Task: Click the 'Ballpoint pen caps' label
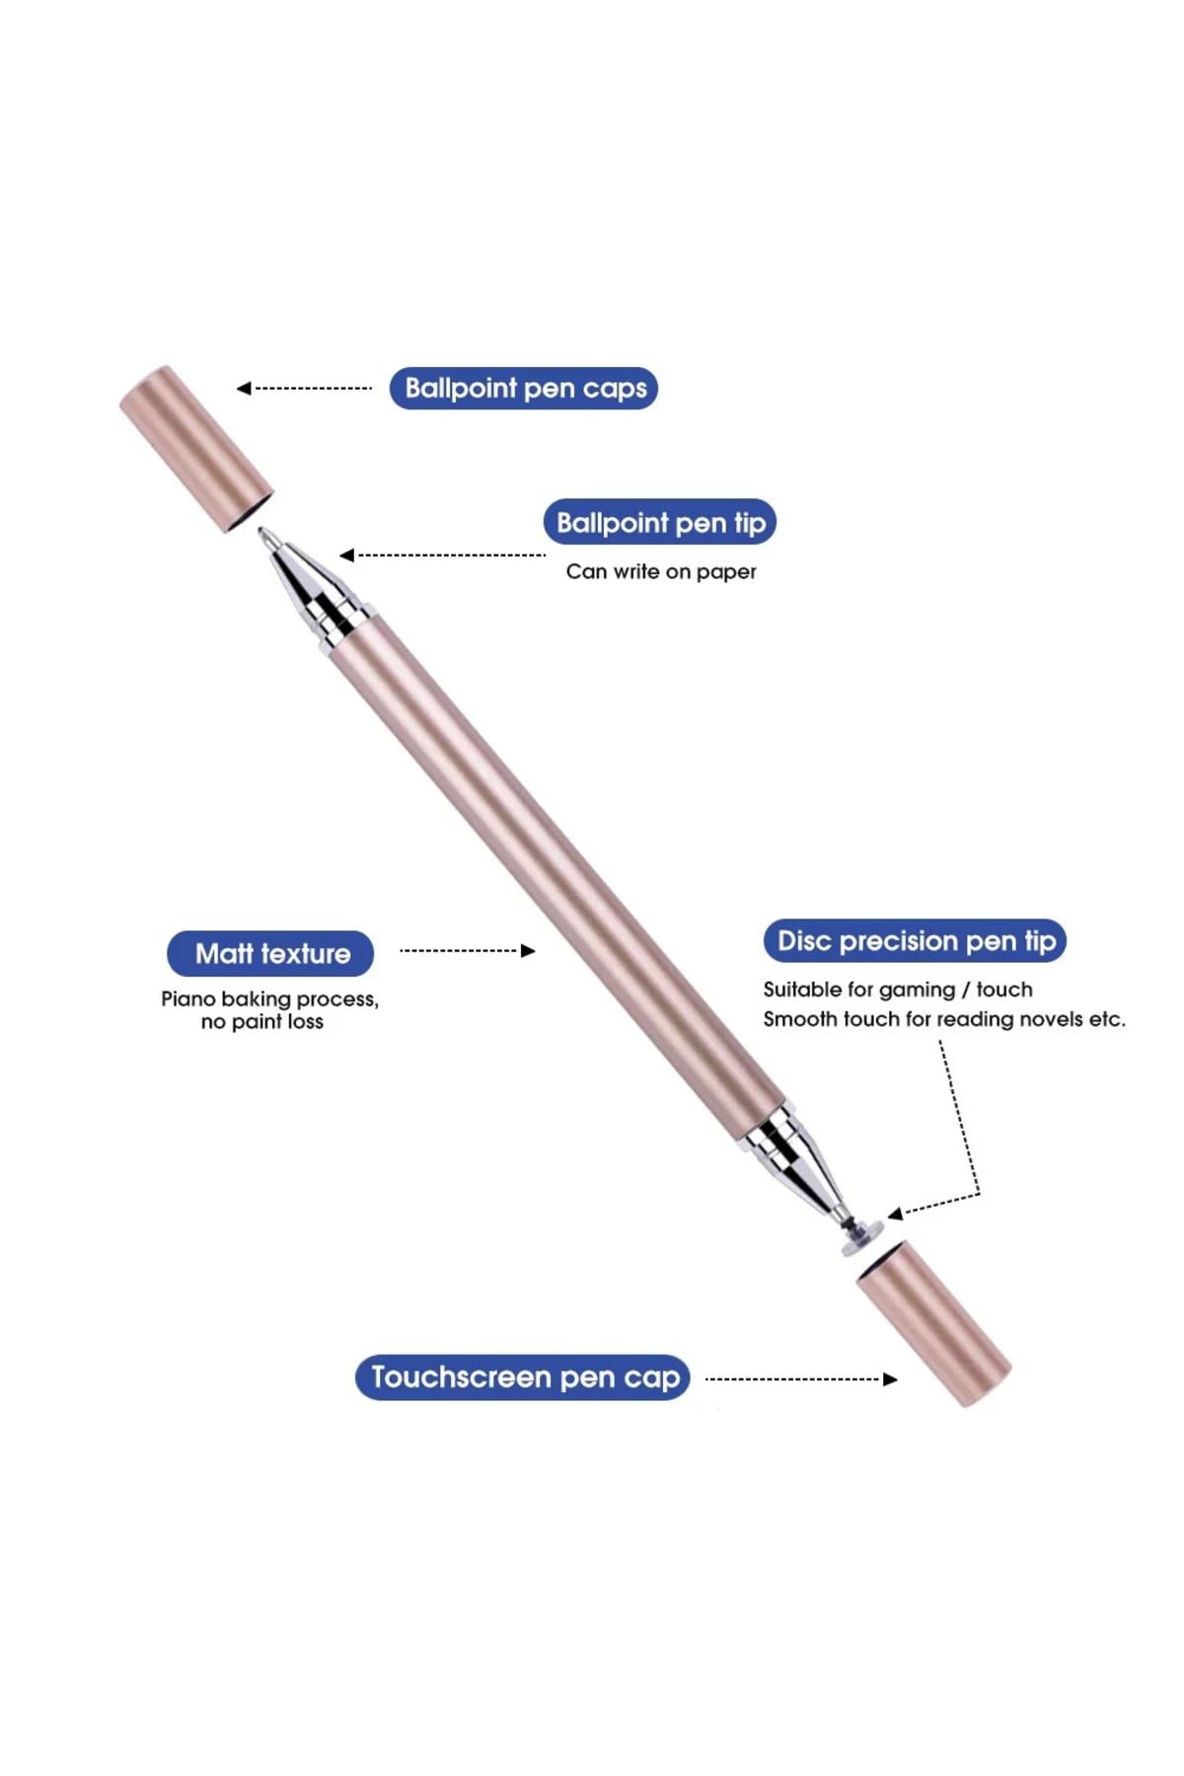524,388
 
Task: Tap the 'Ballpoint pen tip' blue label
660,522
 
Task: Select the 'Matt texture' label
271,953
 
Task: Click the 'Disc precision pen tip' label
916,941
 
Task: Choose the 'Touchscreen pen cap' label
523,1377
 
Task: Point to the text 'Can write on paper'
661,571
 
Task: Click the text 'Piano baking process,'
270,999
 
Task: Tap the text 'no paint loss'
262,1022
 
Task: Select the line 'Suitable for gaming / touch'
898,990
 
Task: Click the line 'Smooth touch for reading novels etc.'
944,1019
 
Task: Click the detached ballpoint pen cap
196,449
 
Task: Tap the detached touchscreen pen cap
933,1324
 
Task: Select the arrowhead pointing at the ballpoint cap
244,389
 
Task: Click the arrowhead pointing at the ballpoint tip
346,555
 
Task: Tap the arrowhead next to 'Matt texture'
528,951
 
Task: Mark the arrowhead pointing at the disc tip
895,1214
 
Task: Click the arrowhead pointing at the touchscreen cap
890,1379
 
